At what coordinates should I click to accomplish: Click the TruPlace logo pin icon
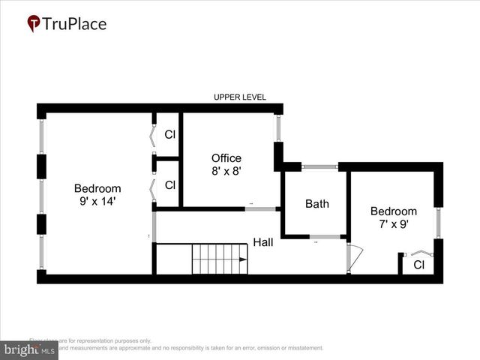click(34, 24)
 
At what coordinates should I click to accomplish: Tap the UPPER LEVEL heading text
click(239, 97)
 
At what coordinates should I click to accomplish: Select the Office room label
click(226, 158)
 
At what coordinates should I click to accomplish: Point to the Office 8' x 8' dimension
click(226, 171)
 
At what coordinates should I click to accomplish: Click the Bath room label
click(316, 203)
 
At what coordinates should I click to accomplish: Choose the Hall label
click(262, 242)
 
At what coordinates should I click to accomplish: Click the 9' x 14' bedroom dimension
click(97, 201)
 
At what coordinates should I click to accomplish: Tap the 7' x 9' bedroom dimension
click(394, 223)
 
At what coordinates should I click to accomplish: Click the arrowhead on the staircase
click(243, 259)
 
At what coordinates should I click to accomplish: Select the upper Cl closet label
click(170, 136)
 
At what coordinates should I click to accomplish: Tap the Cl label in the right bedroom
click(418, 265)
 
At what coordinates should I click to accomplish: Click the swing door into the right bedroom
click(353, 257)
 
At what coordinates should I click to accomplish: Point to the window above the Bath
click(319, 166)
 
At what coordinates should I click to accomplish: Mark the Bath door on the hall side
click(325, 237)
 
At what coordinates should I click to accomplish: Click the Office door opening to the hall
click(262, 208)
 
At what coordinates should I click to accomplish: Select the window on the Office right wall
click(277, 128)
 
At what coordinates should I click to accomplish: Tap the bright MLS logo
click(29, 350)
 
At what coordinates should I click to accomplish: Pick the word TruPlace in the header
click(74, 24)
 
